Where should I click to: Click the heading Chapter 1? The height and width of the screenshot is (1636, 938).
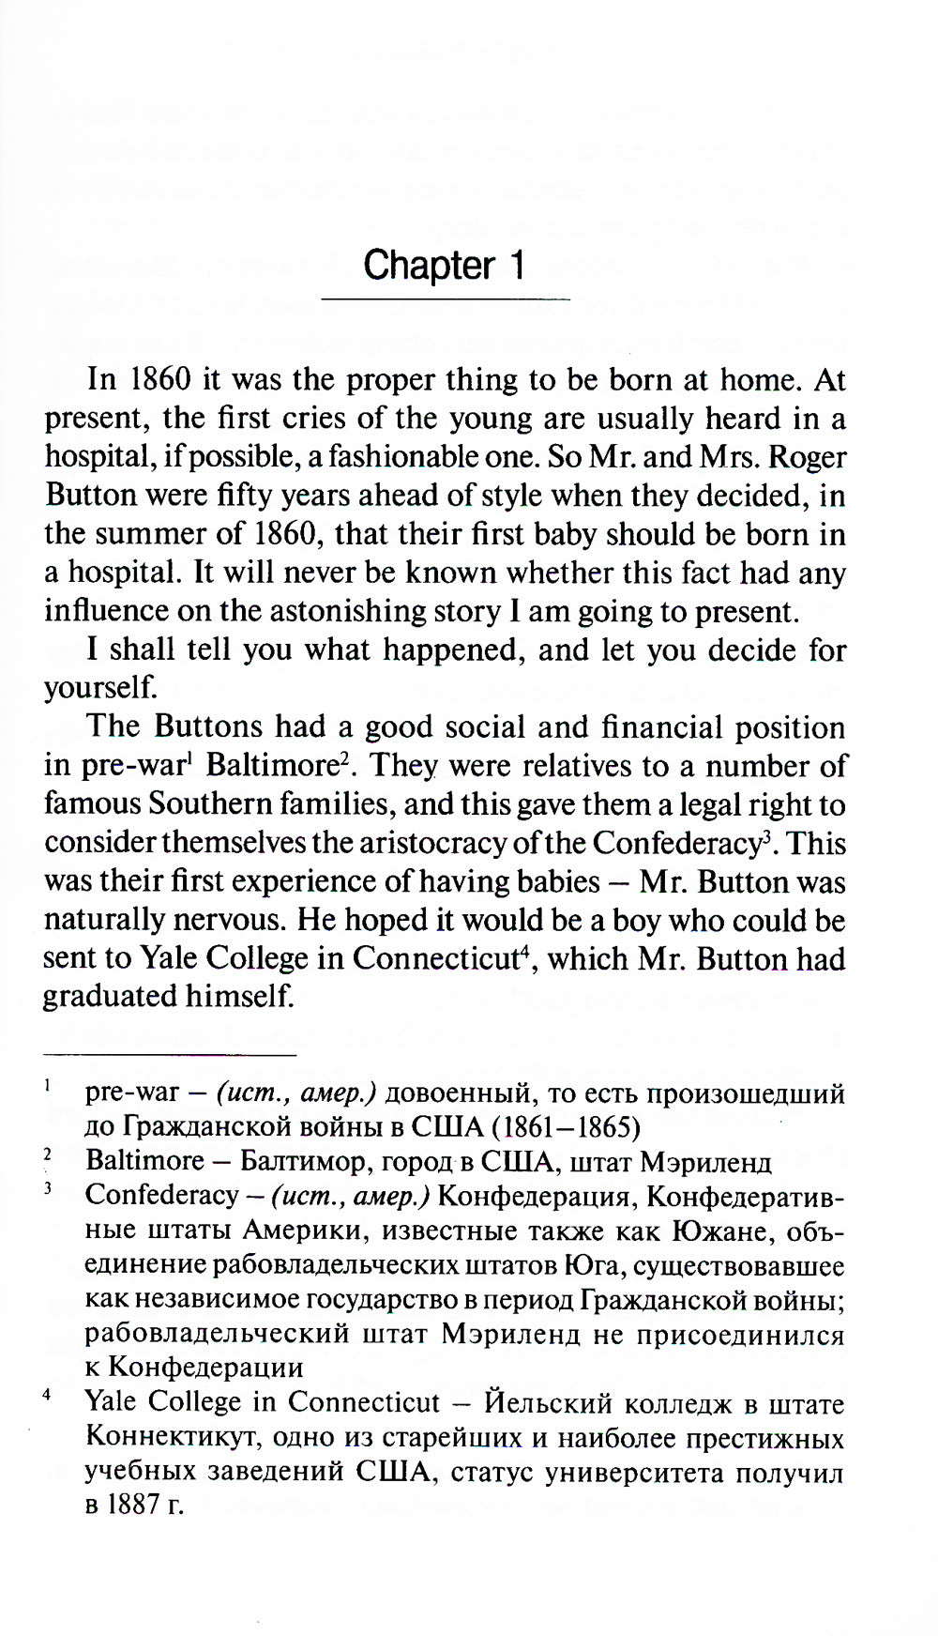(444, 266)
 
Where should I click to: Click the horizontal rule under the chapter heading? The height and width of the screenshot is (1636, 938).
(446, 299)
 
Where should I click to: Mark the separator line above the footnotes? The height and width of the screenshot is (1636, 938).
(170, 1054)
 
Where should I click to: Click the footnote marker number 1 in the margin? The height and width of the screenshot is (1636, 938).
(46, 1086)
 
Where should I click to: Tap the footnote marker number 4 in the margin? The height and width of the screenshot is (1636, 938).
(46, 1395)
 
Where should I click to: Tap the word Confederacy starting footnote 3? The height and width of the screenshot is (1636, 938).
(161, 1195)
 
